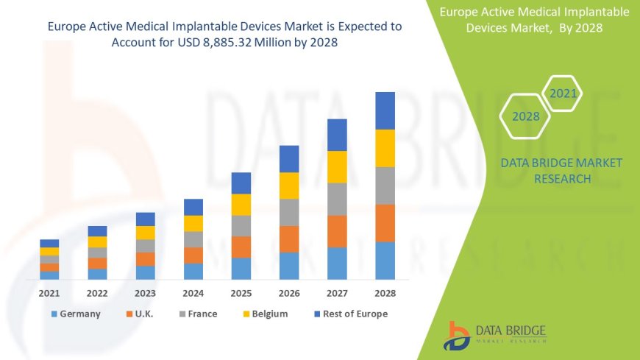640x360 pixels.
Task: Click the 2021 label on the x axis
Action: (x=49, y=292)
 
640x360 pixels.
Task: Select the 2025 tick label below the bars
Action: (x=241, y=292)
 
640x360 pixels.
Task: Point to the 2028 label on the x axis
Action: (x=385, y=292)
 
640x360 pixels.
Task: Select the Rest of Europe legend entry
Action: (x=350, y=314)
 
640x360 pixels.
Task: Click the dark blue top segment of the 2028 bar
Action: (x=385, y=110)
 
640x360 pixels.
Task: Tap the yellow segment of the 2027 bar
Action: (x=337, y=166)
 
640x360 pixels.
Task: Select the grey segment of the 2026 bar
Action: (x=289, y=212)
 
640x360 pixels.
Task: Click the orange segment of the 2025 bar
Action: (x=241, y=247)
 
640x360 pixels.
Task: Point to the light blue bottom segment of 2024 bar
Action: (x=193, y=271)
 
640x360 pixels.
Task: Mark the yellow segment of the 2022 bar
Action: (x=97, y=241)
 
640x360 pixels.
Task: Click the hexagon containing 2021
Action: (x=563, y=93)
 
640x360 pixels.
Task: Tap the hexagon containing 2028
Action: (x=525, y=116)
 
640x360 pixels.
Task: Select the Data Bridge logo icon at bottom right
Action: (x=458, y=335)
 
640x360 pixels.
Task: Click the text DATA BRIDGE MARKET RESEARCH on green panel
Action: (x=561, y=170)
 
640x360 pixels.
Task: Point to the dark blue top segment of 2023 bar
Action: (x=146, y=219)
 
